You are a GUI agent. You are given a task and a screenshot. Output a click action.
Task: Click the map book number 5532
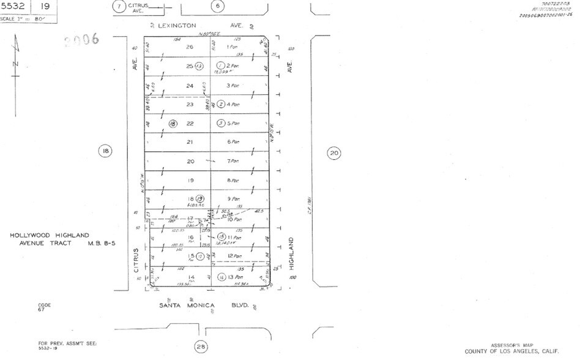click(14, 7)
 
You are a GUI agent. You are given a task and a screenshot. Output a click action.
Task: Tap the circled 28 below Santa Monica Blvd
click(201, 347)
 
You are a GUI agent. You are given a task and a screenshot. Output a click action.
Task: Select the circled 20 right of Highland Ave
click(333, 153)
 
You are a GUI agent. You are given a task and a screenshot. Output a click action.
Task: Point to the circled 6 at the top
click(217, 7)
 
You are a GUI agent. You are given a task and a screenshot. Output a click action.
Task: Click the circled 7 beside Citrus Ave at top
click(120, 7)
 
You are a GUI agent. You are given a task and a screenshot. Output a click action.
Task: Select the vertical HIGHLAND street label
click(292, 253)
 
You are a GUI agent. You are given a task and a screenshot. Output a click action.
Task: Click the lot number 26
click(190, 47)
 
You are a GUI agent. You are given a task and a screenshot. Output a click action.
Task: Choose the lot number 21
click(190, 142)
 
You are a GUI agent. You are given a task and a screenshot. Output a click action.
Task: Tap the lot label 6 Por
click(232, 142)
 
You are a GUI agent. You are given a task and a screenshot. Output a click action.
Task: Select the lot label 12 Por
click(232, 256)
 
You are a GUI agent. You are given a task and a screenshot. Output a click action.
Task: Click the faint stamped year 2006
click(81, 40)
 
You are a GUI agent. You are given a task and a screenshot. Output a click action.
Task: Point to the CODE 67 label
click(44, 307)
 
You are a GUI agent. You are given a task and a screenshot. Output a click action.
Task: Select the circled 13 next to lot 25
click(198, 66)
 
